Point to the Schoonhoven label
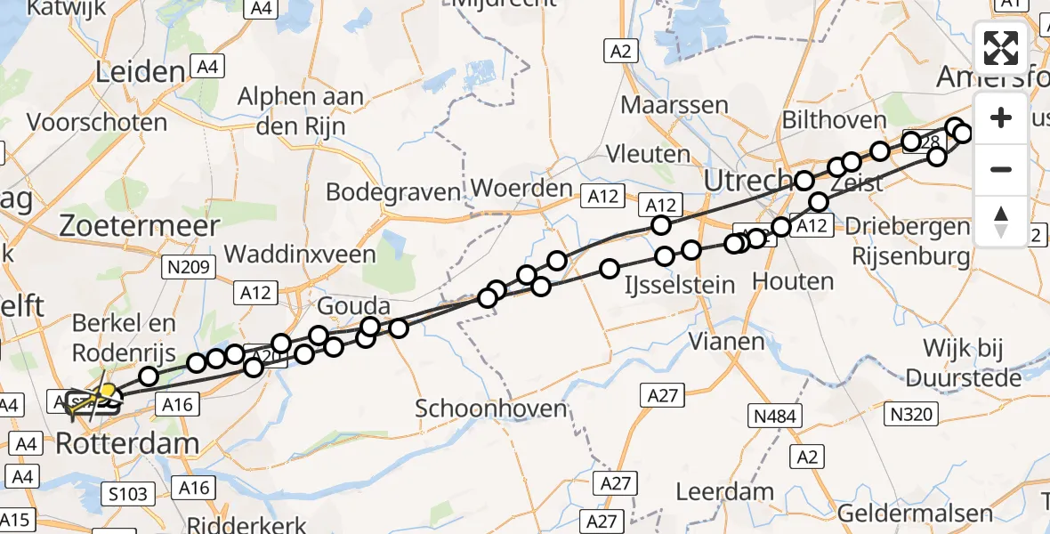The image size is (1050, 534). click(x=492, y=409)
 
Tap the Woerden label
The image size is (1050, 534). click(x=521, y=189)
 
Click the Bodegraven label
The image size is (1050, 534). click(x=393, y=191)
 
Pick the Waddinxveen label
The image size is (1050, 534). click(x=300, y=254)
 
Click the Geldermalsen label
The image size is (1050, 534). click(x=915, y=514)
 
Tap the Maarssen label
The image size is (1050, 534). click(x=674, y=104)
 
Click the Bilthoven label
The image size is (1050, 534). click(x=834, y=119)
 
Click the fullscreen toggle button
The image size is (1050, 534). click(x=1001, y=48)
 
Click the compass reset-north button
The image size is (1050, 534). click(x=1001, y=221)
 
